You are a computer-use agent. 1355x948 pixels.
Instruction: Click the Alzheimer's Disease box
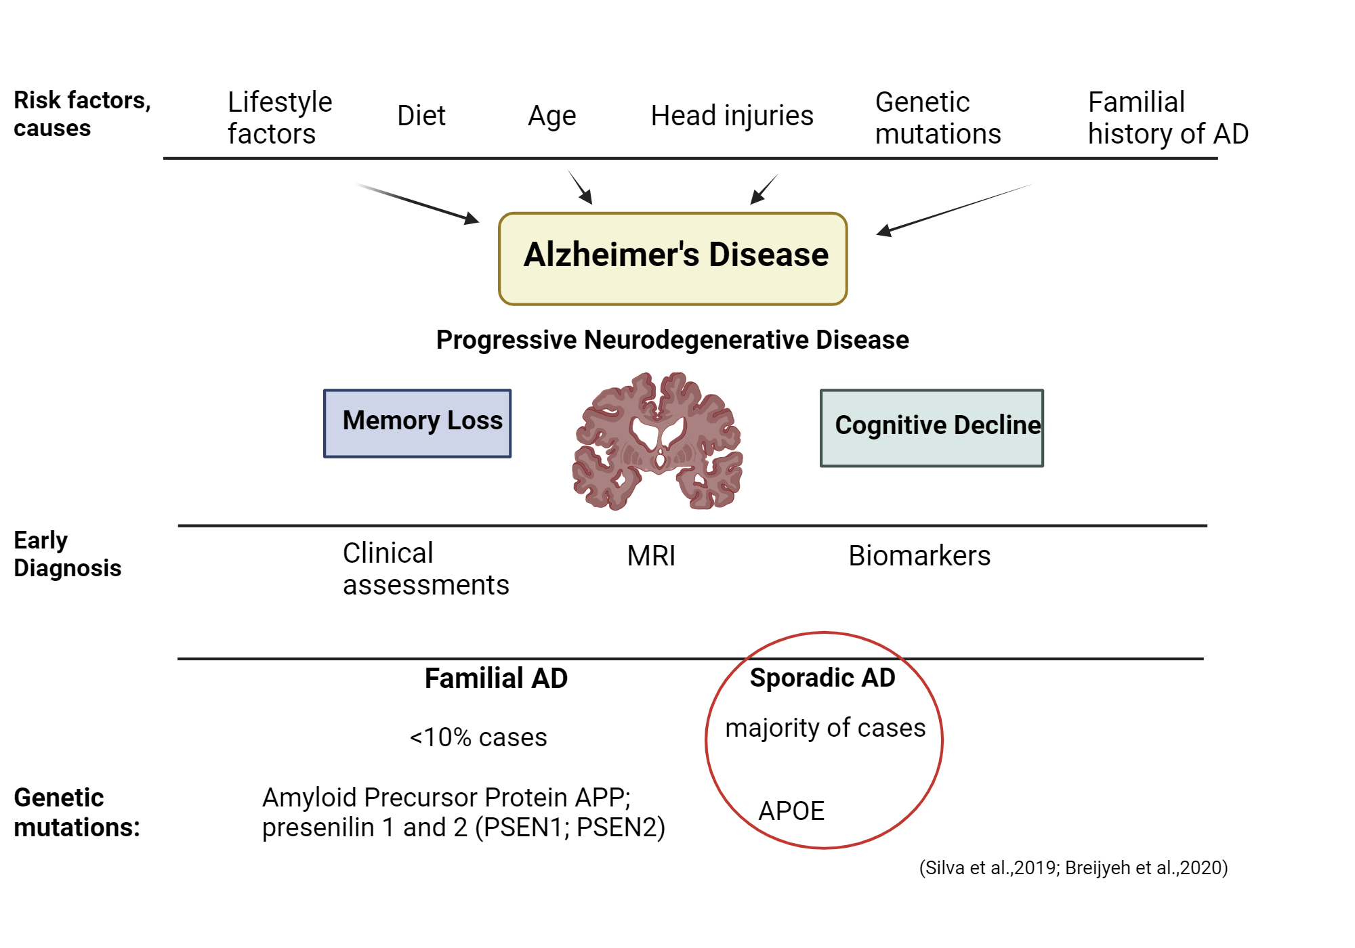coord(673,258)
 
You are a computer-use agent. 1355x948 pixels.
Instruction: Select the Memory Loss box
coord(417,423)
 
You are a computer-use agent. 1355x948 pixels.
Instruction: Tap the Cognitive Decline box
coord(932,427)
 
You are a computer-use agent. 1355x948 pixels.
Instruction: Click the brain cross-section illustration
coord(657,441)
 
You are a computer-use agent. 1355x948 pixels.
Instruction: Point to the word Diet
coord(421,116)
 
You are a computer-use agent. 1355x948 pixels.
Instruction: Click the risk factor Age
coord(551,116)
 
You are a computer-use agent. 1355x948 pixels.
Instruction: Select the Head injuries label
coord(732,116)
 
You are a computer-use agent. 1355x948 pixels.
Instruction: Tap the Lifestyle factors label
coord(279,118)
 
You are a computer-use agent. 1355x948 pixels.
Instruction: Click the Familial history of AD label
coord(1167,118)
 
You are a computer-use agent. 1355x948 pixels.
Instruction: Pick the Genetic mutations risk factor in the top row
coord(938,118)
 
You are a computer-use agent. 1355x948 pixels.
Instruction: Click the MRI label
coord(651,556)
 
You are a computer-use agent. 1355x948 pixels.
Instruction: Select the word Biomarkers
coord(919,556)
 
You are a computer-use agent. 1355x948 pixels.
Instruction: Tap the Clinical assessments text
coord(425,569)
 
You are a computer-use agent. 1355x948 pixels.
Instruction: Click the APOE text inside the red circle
coord(791,811)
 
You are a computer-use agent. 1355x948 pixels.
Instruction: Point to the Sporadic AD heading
coord(822,678)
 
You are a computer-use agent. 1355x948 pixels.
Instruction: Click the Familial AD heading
coord(496,678)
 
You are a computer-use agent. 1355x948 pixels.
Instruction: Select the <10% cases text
coord(478,737)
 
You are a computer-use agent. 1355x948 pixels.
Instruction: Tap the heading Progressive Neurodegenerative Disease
coord(672,340)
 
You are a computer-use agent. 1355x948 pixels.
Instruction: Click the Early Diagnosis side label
coord(66,554)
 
